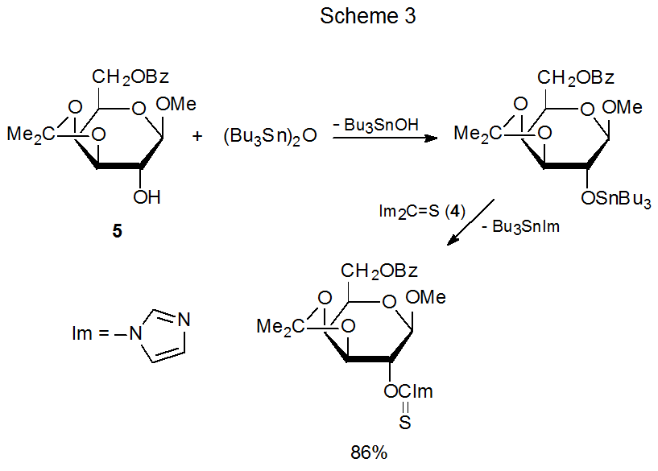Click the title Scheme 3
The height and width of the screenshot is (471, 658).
[x=368, y=17]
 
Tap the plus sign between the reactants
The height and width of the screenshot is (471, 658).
[x=198, y=136]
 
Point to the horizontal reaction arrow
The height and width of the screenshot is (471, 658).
[x=386, y=138]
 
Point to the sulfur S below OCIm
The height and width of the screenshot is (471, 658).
[x=403, y=421]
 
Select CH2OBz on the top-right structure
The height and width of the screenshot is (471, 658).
[x=577, y=78]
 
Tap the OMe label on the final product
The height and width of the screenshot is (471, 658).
[x=425, y=298]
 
